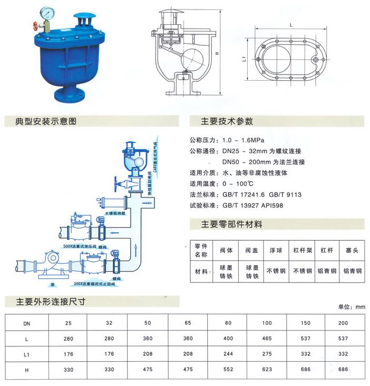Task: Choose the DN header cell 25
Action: click(68, 322)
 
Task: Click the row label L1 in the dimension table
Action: click(26, 353)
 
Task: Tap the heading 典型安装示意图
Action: click(47, 121)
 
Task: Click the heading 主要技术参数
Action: click(228, 121)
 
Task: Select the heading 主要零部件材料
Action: click(231, 224)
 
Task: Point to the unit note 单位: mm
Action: click(352, 307)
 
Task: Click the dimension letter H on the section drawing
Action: click(217, 54)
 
